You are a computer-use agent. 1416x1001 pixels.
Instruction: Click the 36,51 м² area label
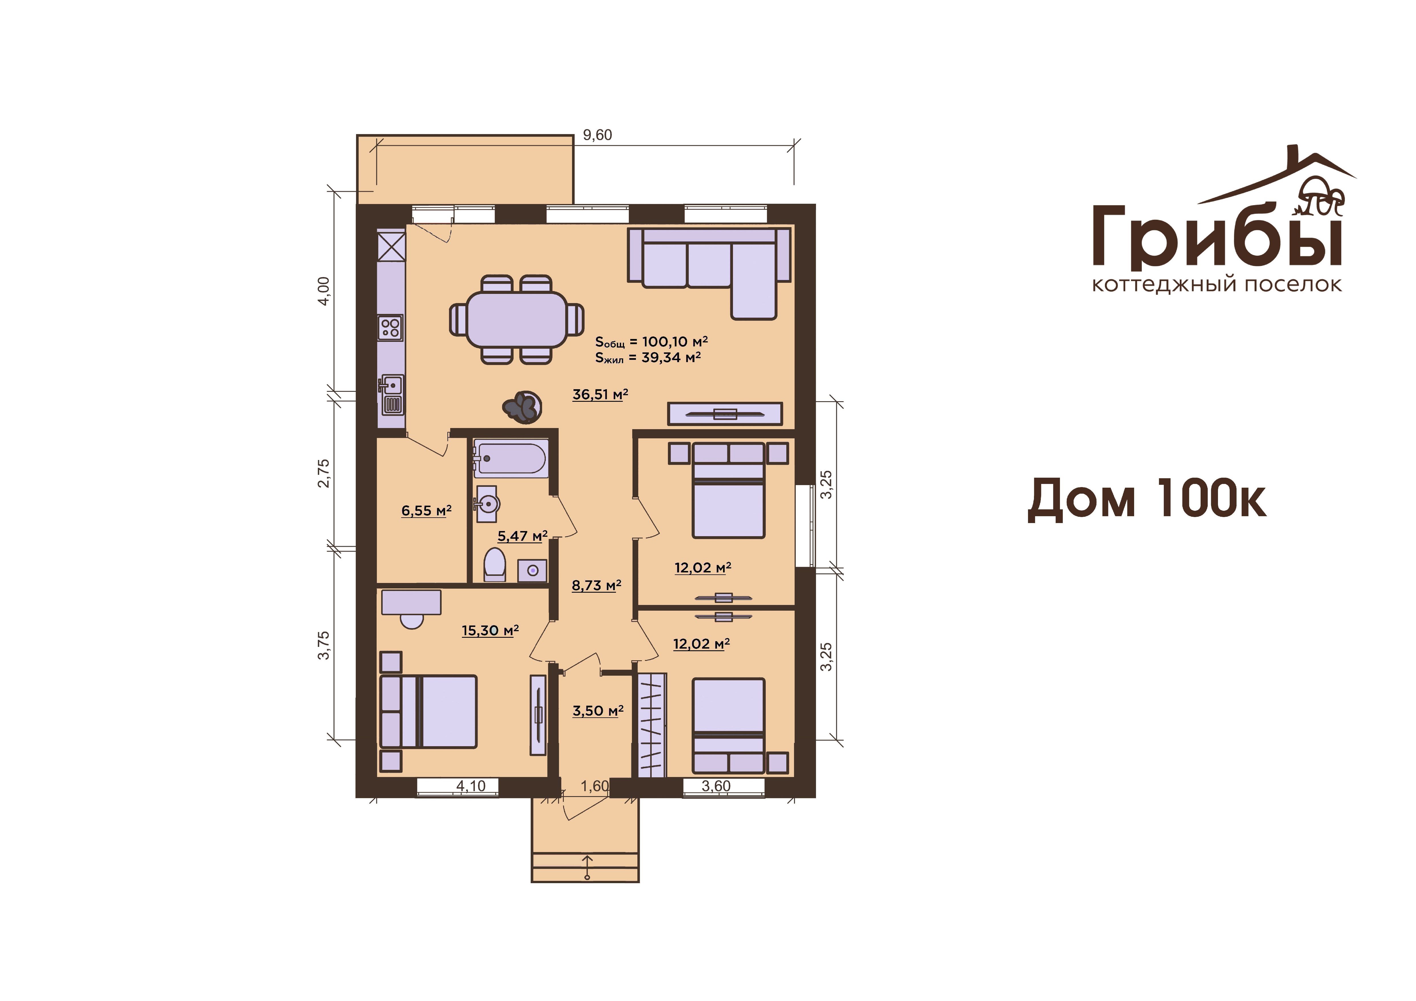pos(600,394)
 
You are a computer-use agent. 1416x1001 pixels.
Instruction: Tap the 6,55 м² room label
pos(426,511)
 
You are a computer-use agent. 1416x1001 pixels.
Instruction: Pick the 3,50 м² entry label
pos(598,711)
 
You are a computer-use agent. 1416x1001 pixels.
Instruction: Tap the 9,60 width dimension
pos(597,135)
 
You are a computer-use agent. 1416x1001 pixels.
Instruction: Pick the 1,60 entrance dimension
pos(595,786)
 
